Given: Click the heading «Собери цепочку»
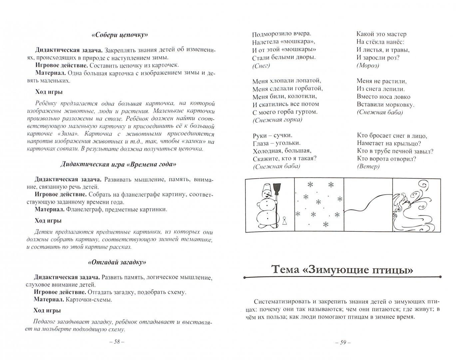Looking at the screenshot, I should (x=119, y=35).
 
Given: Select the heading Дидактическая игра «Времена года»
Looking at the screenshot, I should (x=119, y=164).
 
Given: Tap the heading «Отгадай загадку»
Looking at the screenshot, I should (x=118, y=262).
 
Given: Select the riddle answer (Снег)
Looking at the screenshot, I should (x=261, y=66).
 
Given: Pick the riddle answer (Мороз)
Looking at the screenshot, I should (x=368, y=66).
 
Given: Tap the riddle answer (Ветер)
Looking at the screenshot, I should (x=368, y=166).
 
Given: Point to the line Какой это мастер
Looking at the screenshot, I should (x=381, y=34).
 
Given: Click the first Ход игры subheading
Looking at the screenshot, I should (x=49, y=92).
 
